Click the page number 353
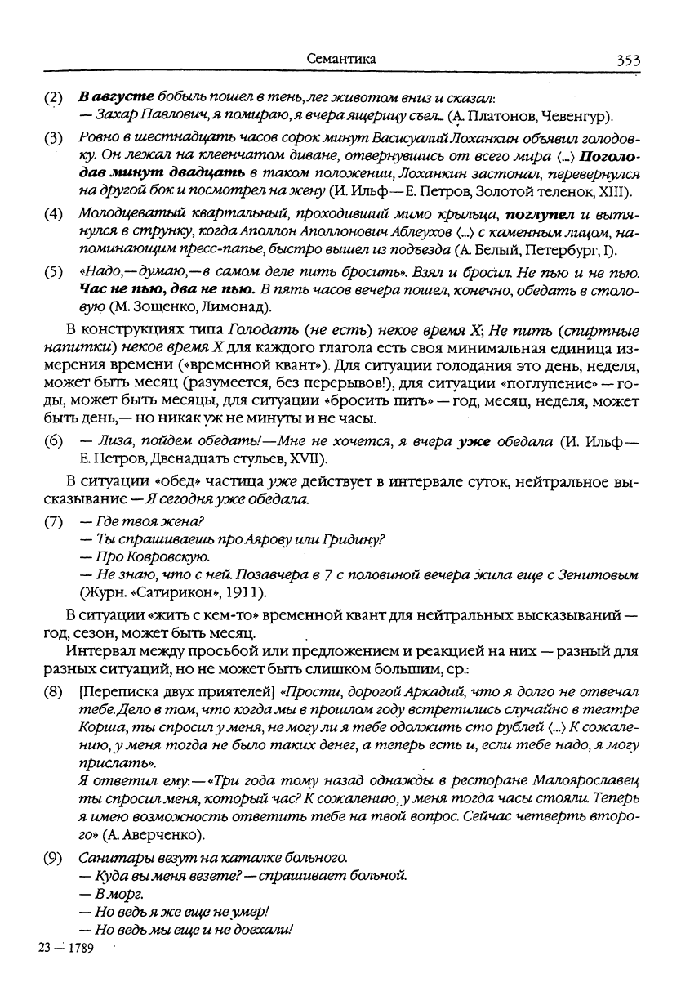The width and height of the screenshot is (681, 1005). [628, 59]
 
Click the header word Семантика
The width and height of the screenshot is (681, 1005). [340, 59]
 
